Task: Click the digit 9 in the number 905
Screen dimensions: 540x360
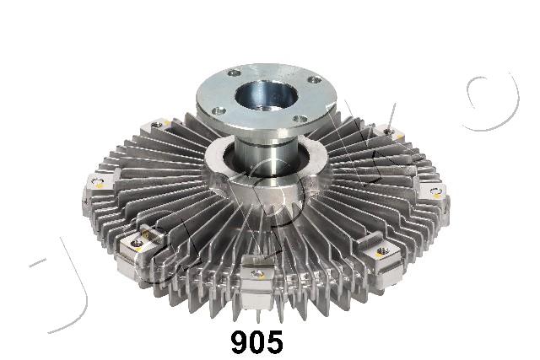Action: coord(240,342)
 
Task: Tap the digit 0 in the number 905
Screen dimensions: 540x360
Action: coord(256,342)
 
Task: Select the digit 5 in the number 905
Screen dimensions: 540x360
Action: coord(274,342)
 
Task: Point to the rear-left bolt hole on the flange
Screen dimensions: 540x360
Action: coord(235,73)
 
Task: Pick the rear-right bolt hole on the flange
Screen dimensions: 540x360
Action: coord(314,80)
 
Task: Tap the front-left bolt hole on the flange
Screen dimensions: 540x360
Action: coord(219,110)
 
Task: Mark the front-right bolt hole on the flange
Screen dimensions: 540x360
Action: coord(300,120)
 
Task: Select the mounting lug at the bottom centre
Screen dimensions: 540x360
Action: coord(256,283)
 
